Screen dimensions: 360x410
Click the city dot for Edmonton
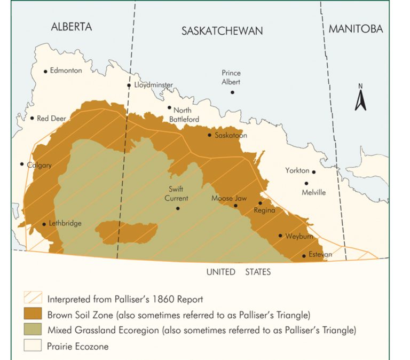[45, 71]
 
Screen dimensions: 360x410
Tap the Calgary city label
[40, 165]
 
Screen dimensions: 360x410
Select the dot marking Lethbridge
[44, 224]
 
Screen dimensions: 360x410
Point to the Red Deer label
[51, 118]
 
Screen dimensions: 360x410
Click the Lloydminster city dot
[129, 85]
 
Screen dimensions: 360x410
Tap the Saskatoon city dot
[210, 135]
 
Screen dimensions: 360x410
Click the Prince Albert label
[231, 77]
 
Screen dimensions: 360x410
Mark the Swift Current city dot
[178, 208]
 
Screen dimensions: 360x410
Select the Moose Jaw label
[228, 198]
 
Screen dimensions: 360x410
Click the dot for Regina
[261, 203]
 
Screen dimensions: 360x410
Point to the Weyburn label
[299, 236]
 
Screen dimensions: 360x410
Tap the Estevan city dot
[304, 256]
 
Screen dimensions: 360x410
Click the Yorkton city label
[297, 171]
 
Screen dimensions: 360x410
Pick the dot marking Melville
[306, 183]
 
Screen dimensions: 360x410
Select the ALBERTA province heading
[72, 27]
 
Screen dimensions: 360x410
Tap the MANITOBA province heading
[356, 29]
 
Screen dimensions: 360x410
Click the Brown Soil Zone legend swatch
[33, 315]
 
